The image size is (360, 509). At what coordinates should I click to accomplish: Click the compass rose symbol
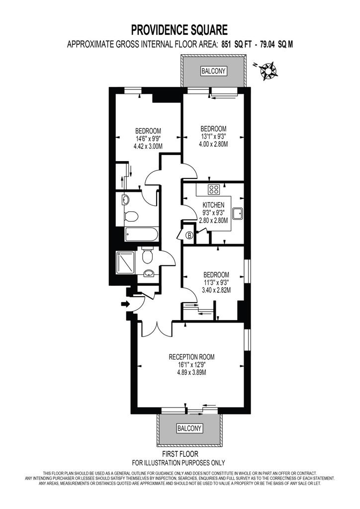point(268,71)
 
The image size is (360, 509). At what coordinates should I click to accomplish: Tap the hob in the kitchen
point(214,189)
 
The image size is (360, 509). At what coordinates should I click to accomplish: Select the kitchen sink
point(238,213)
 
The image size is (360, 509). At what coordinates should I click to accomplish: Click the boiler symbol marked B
point(189,235)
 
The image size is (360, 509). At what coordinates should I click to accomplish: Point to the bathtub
point(142,234)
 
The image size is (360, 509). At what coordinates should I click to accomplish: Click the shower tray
point(125,262)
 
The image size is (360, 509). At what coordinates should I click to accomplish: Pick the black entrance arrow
point(125,304)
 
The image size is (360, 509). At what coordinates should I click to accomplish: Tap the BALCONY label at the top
point(213,71)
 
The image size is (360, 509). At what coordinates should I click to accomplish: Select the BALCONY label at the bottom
point(189,428)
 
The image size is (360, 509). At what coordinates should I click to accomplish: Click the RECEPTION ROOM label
point(191,357)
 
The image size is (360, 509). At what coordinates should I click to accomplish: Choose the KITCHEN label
point(213,205)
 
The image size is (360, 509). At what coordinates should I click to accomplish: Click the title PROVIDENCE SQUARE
point(179,30)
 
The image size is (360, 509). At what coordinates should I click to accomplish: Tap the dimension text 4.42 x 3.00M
point(148,147)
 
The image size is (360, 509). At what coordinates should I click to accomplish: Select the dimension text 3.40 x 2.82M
point(216,290)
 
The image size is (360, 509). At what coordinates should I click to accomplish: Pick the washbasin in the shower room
point(149,273)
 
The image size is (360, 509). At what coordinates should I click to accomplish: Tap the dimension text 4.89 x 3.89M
point(191,372)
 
